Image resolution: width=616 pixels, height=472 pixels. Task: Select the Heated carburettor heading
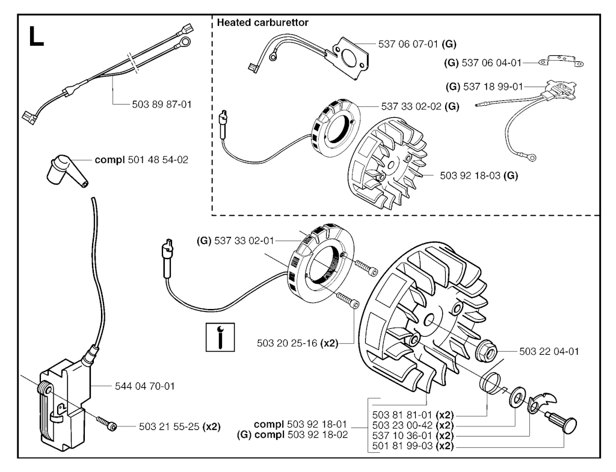(263, 23)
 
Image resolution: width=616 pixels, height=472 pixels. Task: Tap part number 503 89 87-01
(161, 104)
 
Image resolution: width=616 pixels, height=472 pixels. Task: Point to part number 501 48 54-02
(158, 161)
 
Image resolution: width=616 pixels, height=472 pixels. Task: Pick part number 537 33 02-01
(244, 241)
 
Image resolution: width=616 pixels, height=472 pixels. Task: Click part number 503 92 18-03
(470, 176)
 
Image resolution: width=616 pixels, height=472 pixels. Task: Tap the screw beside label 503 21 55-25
(108, 426)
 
